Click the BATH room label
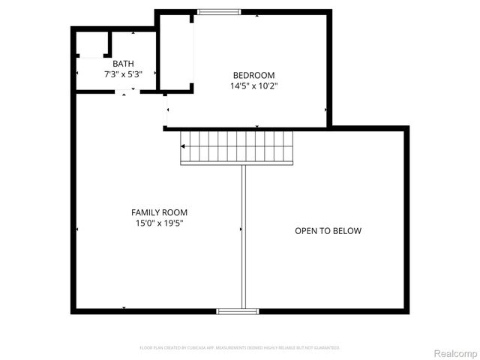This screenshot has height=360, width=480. coord(121,64)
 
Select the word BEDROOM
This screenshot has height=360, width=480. coord(253,75)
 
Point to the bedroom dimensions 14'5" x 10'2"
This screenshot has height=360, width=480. coord(253,85)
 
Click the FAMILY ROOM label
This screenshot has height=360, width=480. coord(159,212)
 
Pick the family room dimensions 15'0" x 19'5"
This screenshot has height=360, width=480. coord(159,223)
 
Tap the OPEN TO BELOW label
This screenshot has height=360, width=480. coord(328,230)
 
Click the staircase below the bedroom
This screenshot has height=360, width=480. coord(237,146)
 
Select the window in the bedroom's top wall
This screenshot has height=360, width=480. coord(219,11)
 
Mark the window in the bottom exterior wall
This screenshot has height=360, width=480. coord(237,310)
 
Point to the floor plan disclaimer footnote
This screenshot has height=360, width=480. coord(240,348)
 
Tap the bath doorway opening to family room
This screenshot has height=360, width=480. coord(126,91)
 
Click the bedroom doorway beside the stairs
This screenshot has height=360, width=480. coord(166,111)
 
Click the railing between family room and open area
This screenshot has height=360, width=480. coord(243,235)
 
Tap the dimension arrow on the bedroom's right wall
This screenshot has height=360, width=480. coord(326,110)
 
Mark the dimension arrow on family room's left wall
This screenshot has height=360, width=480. coord(77,229)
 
